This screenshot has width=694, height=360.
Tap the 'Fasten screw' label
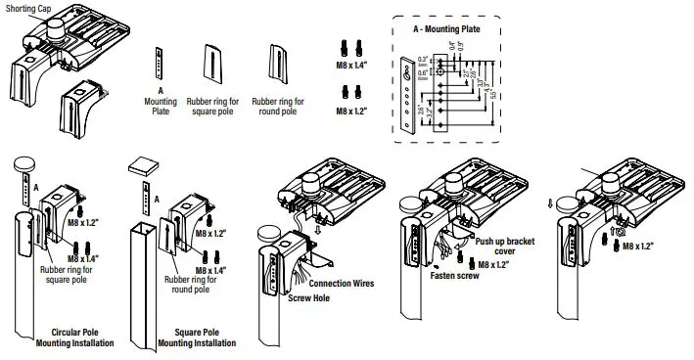click(455, 277)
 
